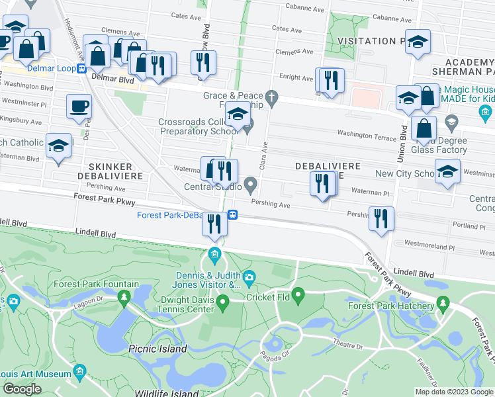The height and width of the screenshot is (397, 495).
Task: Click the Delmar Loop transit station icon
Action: click(x=81, y=68)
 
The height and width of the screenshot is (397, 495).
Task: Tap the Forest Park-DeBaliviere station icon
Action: click(x=233, y=215)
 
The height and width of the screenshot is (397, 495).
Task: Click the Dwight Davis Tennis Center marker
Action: click(x=223, y=304)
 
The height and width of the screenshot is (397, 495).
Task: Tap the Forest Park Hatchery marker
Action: click(x=443, y=305)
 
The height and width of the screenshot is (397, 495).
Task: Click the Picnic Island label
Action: click(x=157, y=349)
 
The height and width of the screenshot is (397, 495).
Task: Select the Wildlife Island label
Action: click(x=165, y=393)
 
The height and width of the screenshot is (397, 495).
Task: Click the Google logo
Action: click(x=22, y=388)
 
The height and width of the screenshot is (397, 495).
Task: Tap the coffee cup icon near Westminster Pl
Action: click(x=79, y=106)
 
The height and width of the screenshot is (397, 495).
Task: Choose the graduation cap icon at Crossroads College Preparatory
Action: click(x=237, y=114)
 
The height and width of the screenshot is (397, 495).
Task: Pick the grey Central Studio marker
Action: click(x=250, y=184)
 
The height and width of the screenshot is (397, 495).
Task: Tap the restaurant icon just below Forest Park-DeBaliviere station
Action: click(x=214, y=224)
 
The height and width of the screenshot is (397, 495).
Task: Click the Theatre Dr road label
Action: click(x=348, y=346)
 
